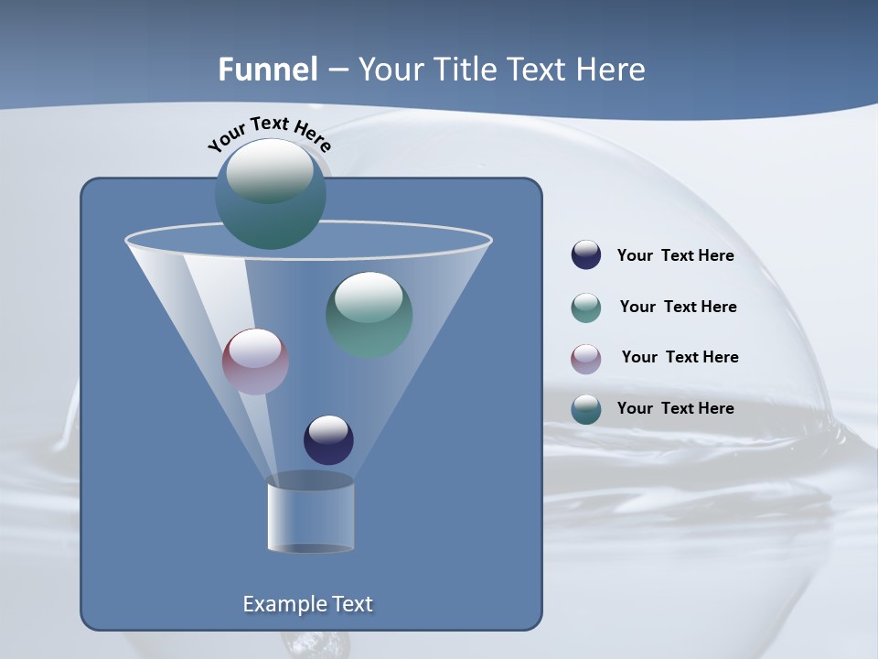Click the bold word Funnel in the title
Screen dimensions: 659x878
tap(267, 70)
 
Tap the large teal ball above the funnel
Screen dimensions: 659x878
tap(271, 194)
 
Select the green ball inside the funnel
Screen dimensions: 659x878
tap(369, 315)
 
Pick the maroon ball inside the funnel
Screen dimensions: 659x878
tap(255, 362)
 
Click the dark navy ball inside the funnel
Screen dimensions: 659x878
tap(328, 440)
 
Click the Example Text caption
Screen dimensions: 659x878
tap(307, 604)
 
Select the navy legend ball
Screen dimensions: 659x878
tap(586, 255)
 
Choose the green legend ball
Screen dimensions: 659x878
tap(586, 308)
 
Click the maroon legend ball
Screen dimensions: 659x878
tap(586, 359)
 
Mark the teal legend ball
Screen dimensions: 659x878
tap(586, 409)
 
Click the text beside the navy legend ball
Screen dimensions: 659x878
tap(675, 256)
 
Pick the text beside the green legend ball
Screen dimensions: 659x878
tap(678, 308)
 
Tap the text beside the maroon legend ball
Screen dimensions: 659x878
tap(680, 358)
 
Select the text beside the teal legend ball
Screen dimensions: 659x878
tap(675, 408)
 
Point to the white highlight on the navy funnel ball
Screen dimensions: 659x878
tap(328, 428)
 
